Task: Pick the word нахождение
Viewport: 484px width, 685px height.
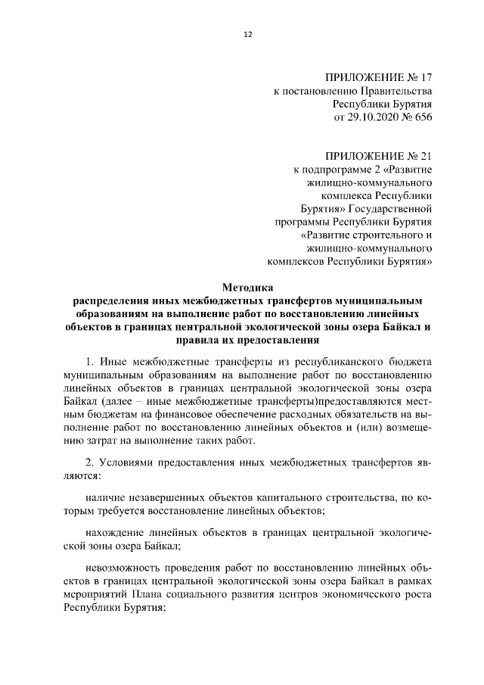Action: click(x=115, y=531)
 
